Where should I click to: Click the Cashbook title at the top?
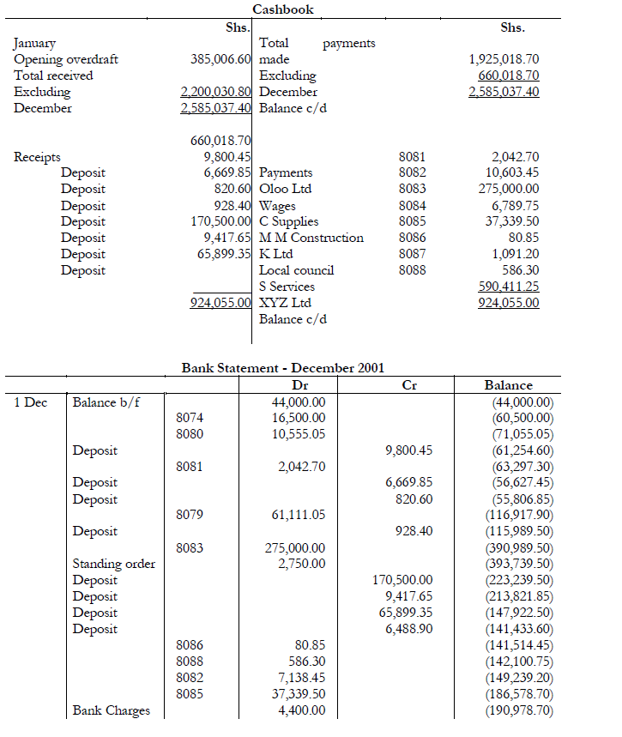click(283, 9)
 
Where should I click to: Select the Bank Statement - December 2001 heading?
click(283, 367)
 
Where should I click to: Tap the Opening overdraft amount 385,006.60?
click(220, 59)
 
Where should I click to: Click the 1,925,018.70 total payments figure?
click(504, 59)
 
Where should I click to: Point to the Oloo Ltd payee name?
click(285, 189)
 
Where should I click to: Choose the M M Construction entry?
click(311, 238)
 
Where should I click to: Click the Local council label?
click(296, 270)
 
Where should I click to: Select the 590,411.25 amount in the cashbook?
click(509, 287)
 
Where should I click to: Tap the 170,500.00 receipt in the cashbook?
click(220, 221)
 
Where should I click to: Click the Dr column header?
click(300, 385)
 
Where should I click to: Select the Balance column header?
click(508, 385)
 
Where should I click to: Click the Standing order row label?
click(114, 564)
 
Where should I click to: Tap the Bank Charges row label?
click(111, 710)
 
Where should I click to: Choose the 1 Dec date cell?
click(30, 402)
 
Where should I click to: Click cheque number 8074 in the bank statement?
click(190, 418)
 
